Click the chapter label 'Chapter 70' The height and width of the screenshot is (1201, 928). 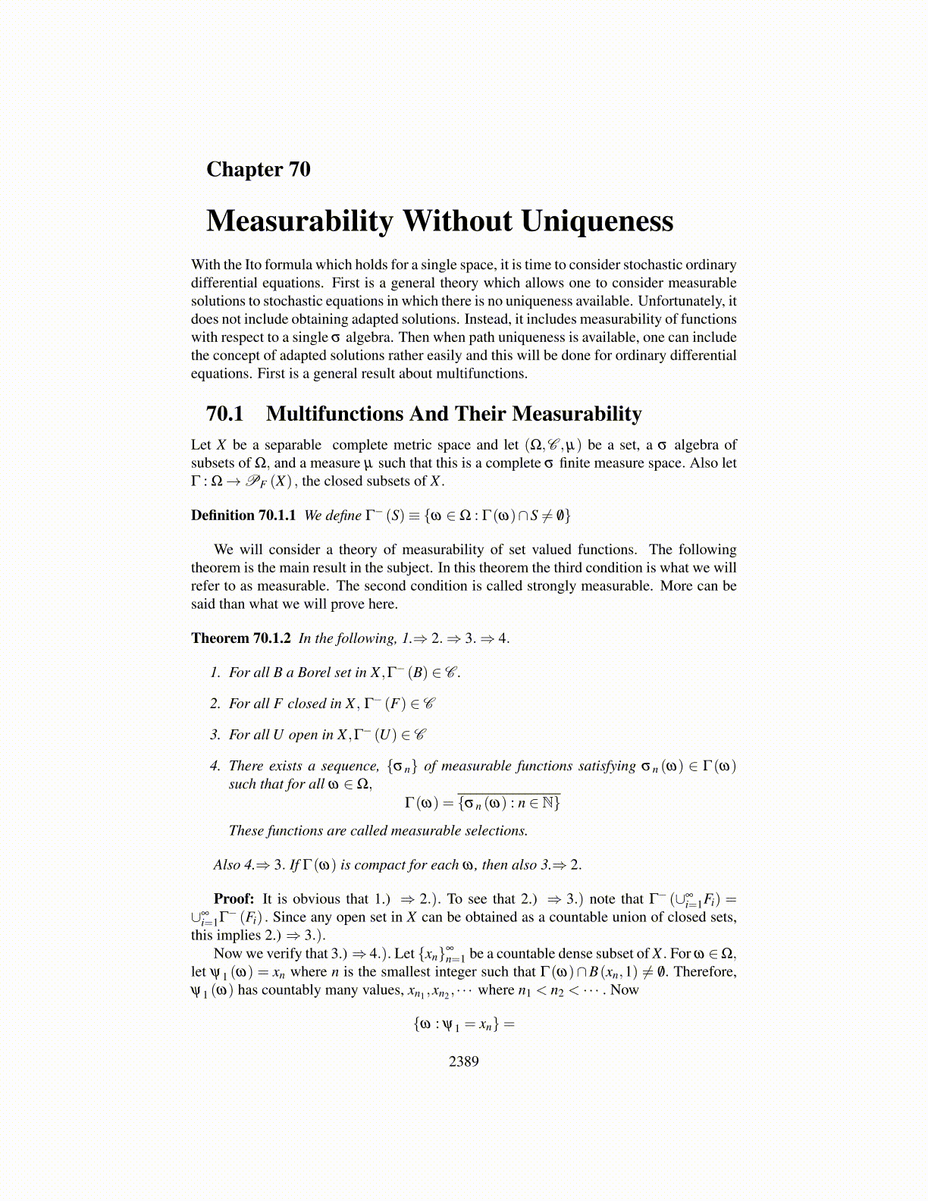pos(259,169)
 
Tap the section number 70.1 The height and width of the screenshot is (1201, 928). pos(224,414)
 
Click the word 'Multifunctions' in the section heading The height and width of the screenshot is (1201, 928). pos(334,414)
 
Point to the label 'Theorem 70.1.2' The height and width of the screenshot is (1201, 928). pos(240,638)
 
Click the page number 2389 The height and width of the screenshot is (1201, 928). pos(463,1061)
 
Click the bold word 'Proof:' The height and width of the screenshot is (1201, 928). pos(234,899)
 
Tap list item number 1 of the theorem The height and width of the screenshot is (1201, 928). pos(215,673)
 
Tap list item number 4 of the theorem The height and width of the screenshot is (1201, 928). pos(215,766)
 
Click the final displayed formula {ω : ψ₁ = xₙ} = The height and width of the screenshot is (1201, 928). pos(463,1025)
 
